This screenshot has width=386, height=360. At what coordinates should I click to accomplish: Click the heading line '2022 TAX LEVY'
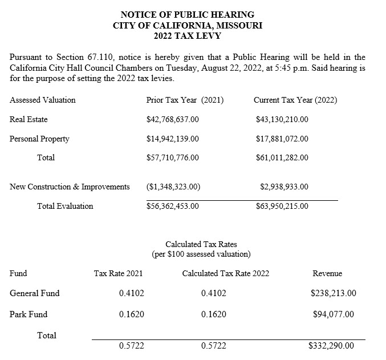pyautogui.click(x=188, y=35)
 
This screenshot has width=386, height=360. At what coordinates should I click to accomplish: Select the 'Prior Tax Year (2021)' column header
pyautogui.click(x=185, y=100)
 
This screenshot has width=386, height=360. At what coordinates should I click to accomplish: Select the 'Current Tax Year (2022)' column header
pyautogui.click(x=295, y=100)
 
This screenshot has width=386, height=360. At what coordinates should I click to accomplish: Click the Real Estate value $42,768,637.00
pyautogui.click(x=172, y=119)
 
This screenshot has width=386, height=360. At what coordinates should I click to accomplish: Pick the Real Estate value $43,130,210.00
pyautogui.click(x=282, y=119)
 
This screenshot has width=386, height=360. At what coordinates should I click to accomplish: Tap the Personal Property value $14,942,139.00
pyautogui.click(x=172, y=139)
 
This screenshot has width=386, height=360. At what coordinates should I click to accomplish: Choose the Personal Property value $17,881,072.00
pyautogui.click(x=282, y=139)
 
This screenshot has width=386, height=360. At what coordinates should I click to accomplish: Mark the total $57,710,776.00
pyautogui.click(x=172, y=157)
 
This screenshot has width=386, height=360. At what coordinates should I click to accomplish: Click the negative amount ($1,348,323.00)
pyautogui.click(x=173, y=187)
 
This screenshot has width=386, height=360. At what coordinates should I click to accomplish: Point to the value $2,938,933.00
pyautogui.click(x=284, y=187)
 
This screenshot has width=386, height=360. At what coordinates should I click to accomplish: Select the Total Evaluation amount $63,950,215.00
pyautogui.click(x=282, y=206)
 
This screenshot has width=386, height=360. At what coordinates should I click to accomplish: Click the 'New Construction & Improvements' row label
pyautogui.click(x=70, y=187)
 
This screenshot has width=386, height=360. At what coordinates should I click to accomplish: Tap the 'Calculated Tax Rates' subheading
pyautogui.click(x=201, y=245)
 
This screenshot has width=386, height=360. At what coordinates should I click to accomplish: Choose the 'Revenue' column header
pyautogui.click(x=327, y=273)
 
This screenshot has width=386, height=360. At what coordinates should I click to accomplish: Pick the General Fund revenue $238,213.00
pyautogui.click(x=334, y=293)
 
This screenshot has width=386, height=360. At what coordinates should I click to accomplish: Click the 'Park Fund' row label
pyautogui.click(x=29, y=314)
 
